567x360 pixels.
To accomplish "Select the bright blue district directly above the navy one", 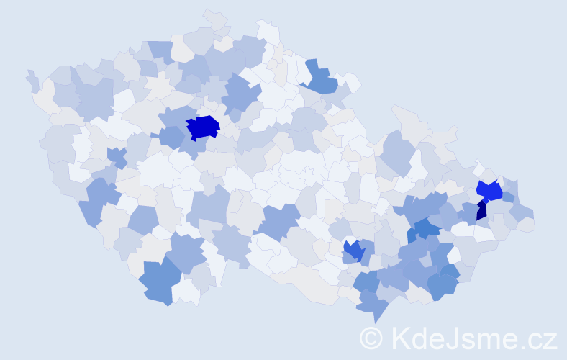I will click(489, 192).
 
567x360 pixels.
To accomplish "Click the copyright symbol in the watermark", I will click(371, 337).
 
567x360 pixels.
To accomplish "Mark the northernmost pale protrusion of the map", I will click(214, 17).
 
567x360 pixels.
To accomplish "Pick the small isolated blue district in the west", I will click(116, 156).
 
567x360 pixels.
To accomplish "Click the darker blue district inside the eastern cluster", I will click(426, 229).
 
